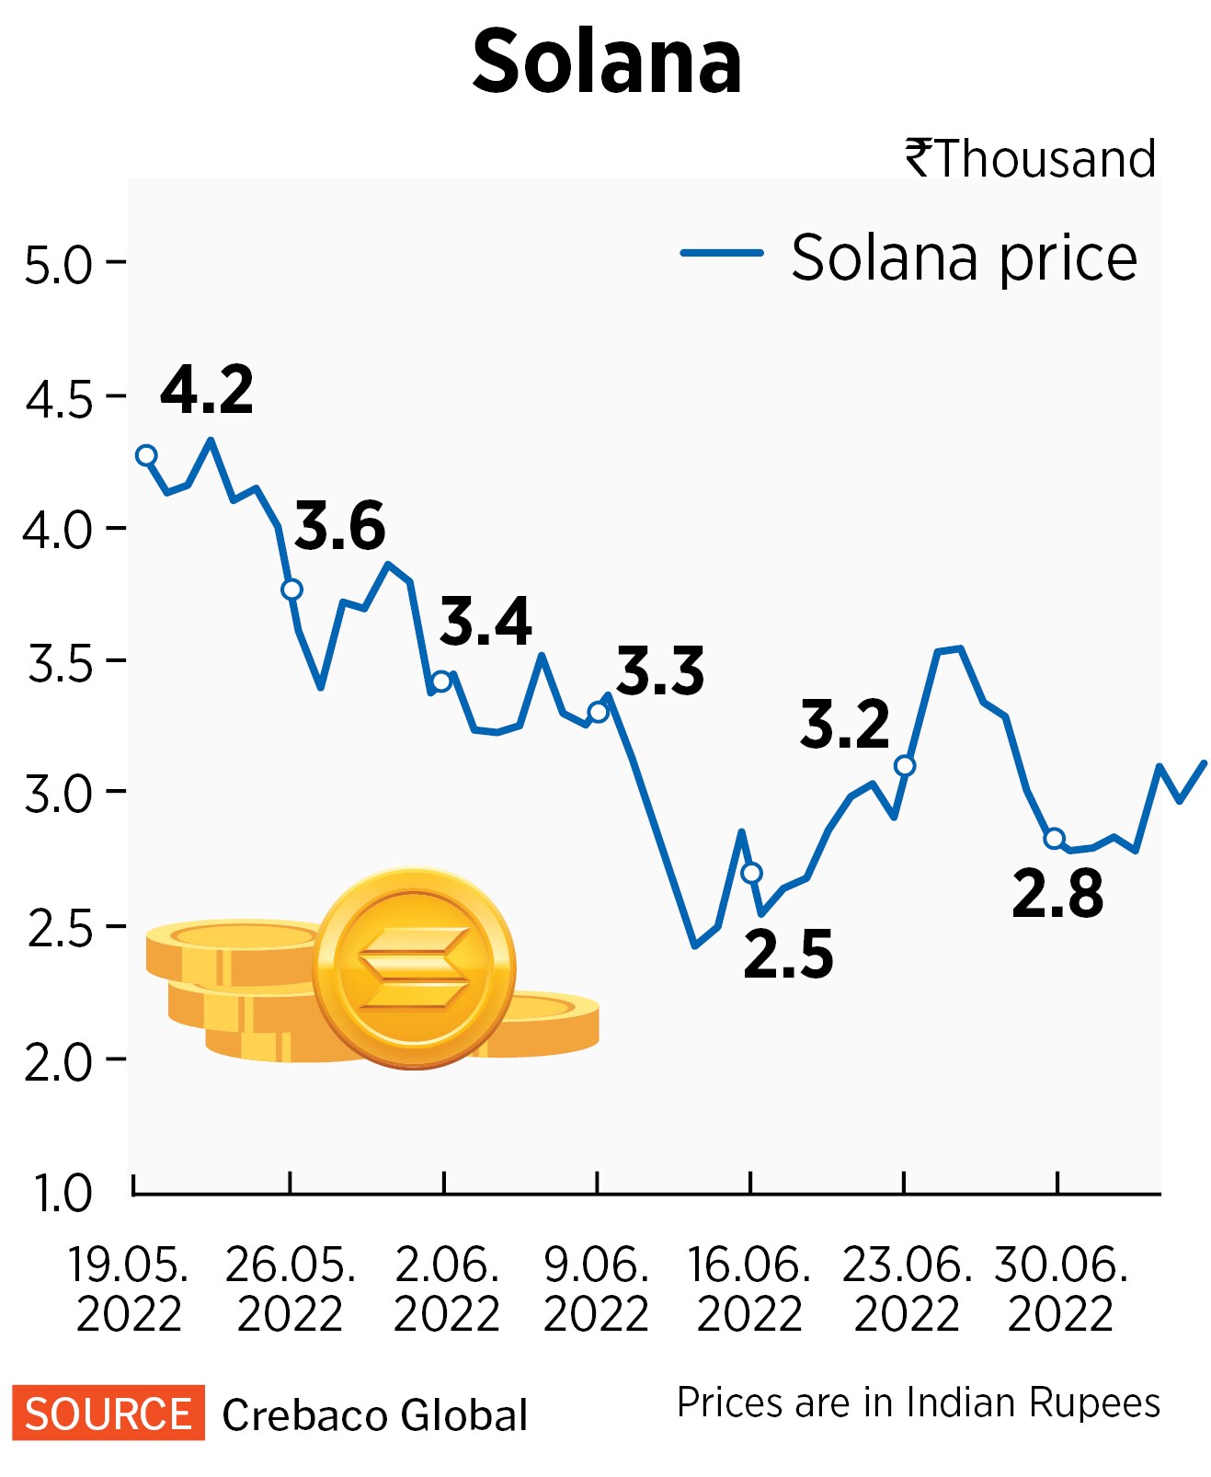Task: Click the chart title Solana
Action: pos(606,63)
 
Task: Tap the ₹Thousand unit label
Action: pos(1030,159)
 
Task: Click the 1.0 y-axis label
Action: pos(63,1194)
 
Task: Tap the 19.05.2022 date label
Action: pos(129,1289)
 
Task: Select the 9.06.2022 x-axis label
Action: pos(596,1289)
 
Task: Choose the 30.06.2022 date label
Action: pos(1060,1289)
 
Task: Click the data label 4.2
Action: pos(207,390)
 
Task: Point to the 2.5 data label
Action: pos(788,955)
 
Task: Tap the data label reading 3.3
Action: pos(660,670)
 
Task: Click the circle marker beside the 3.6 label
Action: pos(291,590)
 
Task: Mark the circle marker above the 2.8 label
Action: pos(1055,838)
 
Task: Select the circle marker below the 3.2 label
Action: pos(905,766)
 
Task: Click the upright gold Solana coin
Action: pos(414,968)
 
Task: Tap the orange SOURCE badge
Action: pos(108,1414)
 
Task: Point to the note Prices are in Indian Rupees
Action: pos(918,1403)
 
